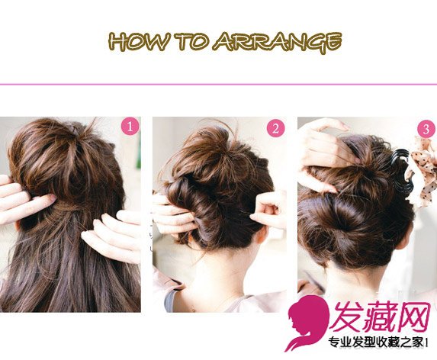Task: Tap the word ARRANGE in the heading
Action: point(278,43)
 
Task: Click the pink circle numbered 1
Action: point(130,127)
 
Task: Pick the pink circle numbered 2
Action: point(275,128)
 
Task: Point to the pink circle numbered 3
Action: point(426,129)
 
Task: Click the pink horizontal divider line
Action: point(218,84)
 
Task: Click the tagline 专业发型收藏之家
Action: point(376,342)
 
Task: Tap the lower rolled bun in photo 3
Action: point(354,229)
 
